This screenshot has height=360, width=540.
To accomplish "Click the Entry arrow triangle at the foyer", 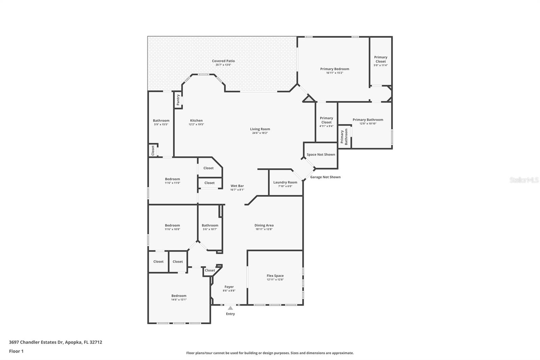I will [x=230, y=308].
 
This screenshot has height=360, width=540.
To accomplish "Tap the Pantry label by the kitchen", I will [x=178, y=100].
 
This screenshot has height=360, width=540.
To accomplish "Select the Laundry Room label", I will [x=285, y=182].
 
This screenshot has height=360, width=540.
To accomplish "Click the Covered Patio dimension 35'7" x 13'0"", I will [x=223, y=65].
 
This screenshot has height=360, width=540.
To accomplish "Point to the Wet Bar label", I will [x=237, y=186].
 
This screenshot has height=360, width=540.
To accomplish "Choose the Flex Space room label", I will [x=275, y=276].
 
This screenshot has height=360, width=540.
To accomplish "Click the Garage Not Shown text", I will [x=325, y=177].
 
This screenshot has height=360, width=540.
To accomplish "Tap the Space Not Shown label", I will [x=321, y=155].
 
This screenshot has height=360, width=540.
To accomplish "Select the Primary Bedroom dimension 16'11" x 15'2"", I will [x=334, y=73].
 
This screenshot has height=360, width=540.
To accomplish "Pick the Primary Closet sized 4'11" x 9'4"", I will [x=326, y=120].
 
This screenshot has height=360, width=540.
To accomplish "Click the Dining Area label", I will [x=264, y=225].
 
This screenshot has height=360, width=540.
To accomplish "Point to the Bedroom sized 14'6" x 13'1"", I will [x=179, y=296].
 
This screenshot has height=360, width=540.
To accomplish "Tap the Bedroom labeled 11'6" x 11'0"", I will [x=172, y=179].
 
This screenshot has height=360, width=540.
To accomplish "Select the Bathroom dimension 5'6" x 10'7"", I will [x=210, y=229].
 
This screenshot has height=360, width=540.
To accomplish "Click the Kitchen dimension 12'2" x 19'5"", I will [x=196, y=124].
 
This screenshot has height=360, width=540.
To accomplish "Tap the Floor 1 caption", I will [x=16, y=351].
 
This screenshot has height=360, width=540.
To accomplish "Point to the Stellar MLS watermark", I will [x=524, y=180].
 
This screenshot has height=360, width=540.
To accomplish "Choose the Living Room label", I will [x=260, y=129].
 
